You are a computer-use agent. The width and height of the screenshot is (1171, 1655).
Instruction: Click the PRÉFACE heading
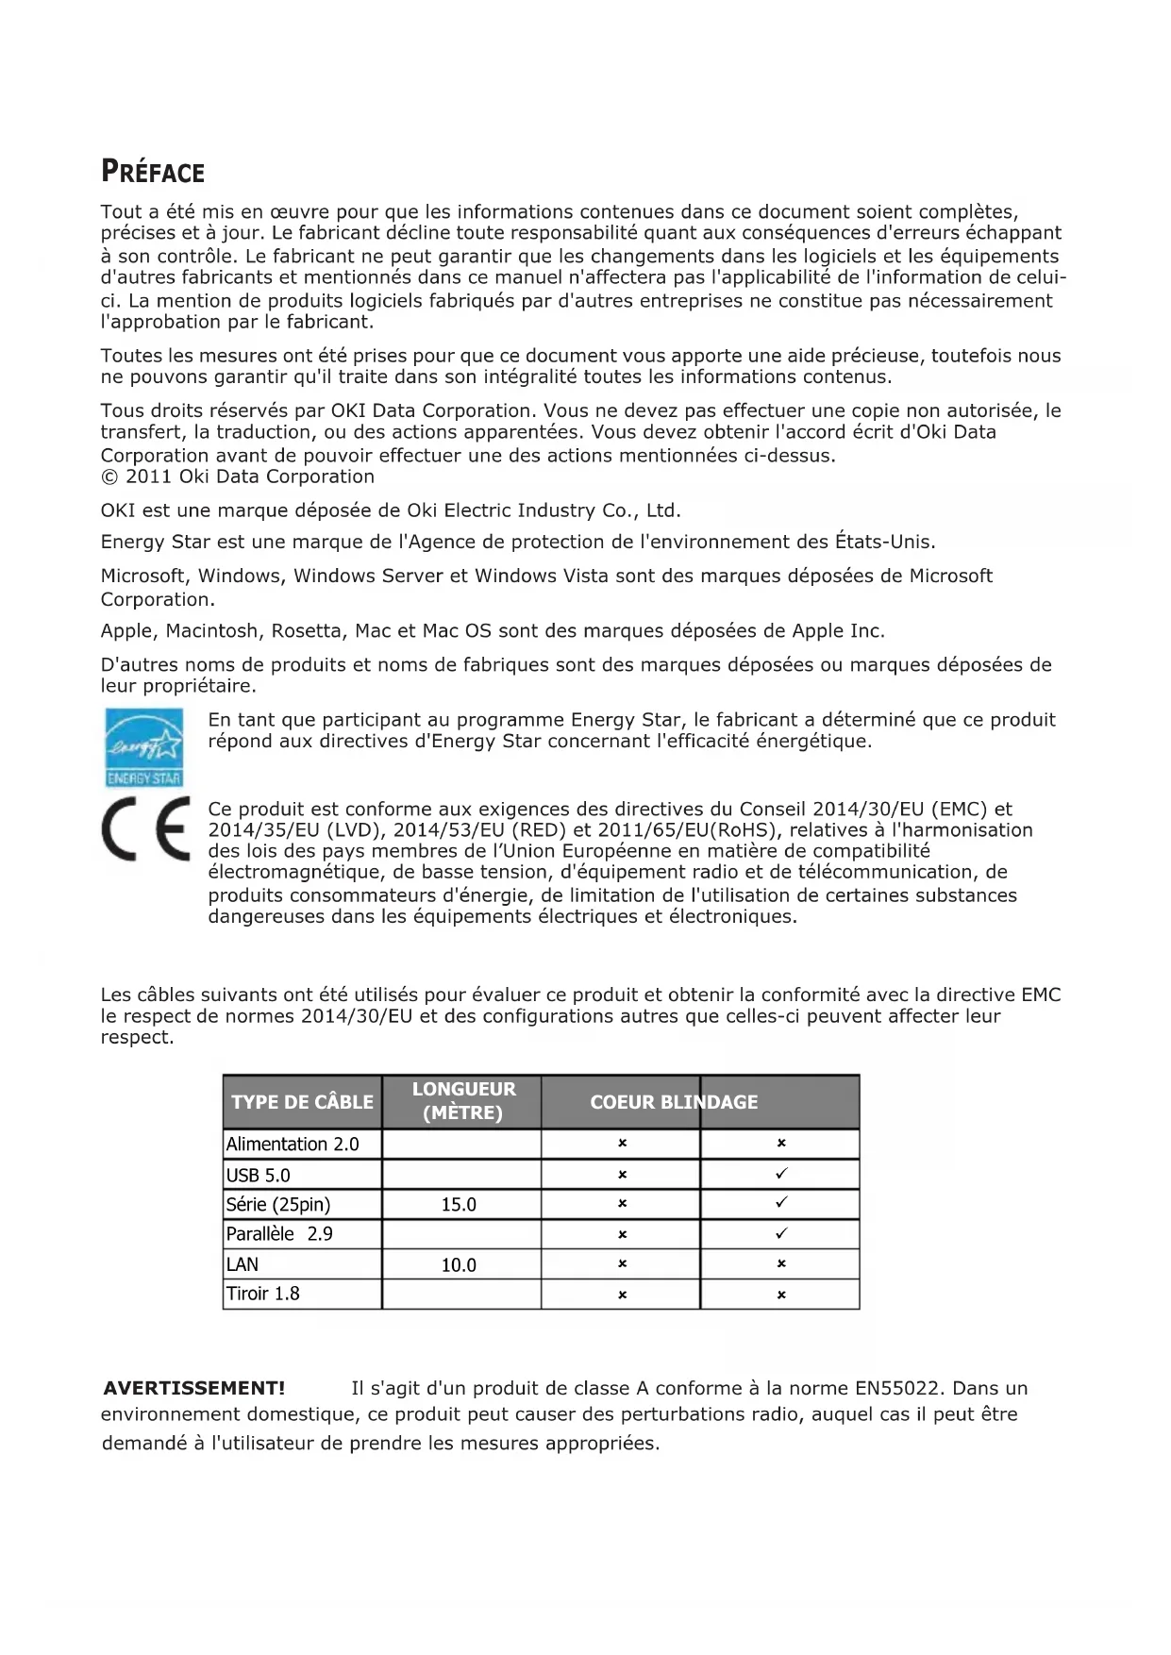pyautogui.click(x=152, y=173)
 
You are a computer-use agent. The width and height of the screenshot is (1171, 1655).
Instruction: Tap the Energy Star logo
pyautogui.click(x=143, y=747)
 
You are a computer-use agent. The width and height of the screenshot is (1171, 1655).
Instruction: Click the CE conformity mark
pyautogui.click(x=145, y=830)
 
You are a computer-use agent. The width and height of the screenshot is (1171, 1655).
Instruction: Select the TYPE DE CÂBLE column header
pyautogui.click(x=302, y=1102)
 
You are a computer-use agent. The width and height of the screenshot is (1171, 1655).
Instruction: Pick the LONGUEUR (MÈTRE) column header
pyautogui.click(x=462, y=1101)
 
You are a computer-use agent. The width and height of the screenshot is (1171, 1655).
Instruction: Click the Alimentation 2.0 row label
pyautogui.click(x=293, y=1145)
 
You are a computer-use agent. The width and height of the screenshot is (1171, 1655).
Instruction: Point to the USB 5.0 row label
pyautogui.click(x=259, y=1176)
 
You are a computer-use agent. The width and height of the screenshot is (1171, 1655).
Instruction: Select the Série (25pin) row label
pyautogui.click(x=278, y=1205)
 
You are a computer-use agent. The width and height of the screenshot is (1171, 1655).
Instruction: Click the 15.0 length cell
pyautogui.click(x=459, y=1205)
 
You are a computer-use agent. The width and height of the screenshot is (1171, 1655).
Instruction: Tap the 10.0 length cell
pyautogui.click(x=459, y=1265)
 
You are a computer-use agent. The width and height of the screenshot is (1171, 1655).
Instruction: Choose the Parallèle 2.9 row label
pyautogui.click(x=279, y=1234)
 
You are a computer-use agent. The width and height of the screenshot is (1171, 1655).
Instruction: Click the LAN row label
pyautogui.click(x=243, y=1264)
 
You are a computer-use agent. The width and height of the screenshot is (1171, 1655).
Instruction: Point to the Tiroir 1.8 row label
pyautogui.click(x=263, y=1294)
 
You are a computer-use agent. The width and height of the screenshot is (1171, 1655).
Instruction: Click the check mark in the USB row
pyautogui.click(x=781, y=1175)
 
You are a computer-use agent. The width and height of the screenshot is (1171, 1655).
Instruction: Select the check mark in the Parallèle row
pyautogui.click(x=781, y=1234)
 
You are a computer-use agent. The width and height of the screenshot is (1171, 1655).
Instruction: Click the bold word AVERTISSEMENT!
pyautogui.click(x=193, y=1388)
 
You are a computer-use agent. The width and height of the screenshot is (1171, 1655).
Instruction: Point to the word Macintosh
pyautogui.click(x=211, y=630)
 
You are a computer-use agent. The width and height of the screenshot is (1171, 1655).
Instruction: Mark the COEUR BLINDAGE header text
pyautogui.click(x=674, y=1102)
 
